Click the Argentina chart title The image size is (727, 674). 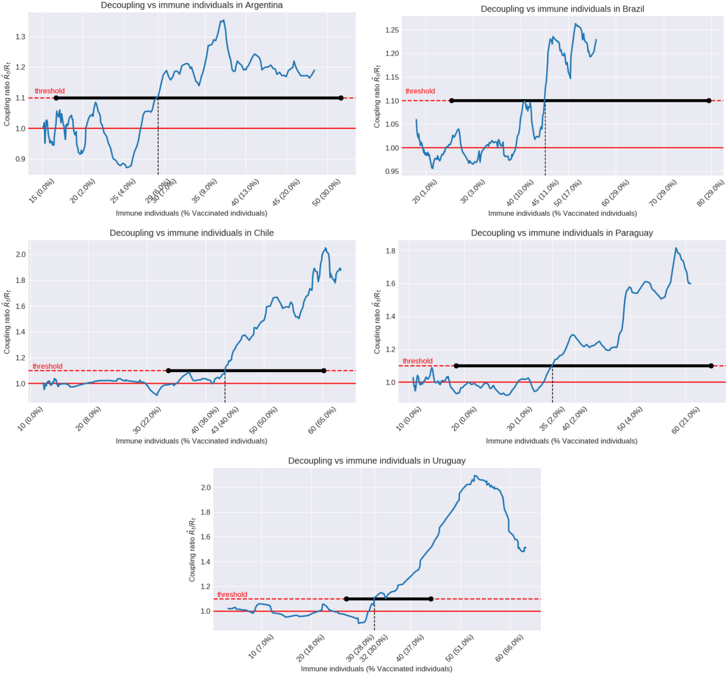tap(192, 5)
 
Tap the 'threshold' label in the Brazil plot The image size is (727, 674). tap(420, 91)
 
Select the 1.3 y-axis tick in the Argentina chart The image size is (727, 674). tap(21, 37)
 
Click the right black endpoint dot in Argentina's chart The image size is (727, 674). tap(341, 98)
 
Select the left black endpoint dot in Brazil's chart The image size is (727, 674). tap(451, 100)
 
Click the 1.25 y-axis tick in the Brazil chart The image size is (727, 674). tap(392, 30)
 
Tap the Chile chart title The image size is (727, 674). tap(192, 233)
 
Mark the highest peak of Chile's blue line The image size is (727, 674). tap(325, 248)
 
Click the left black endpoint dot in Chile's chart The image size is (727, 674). tap(169, 371)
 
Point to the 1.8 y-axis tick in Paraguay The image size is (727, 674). tap(390, 251)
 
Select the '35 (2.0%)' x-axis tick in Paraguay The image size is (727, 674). tap(552, 419)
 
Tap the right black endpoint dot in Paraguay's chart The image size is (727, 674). tap(711, 366)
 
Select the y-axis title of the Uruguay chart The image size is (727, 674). tap(192, 549)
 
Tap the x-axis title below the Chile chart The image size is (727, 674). tap(192, 441)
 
